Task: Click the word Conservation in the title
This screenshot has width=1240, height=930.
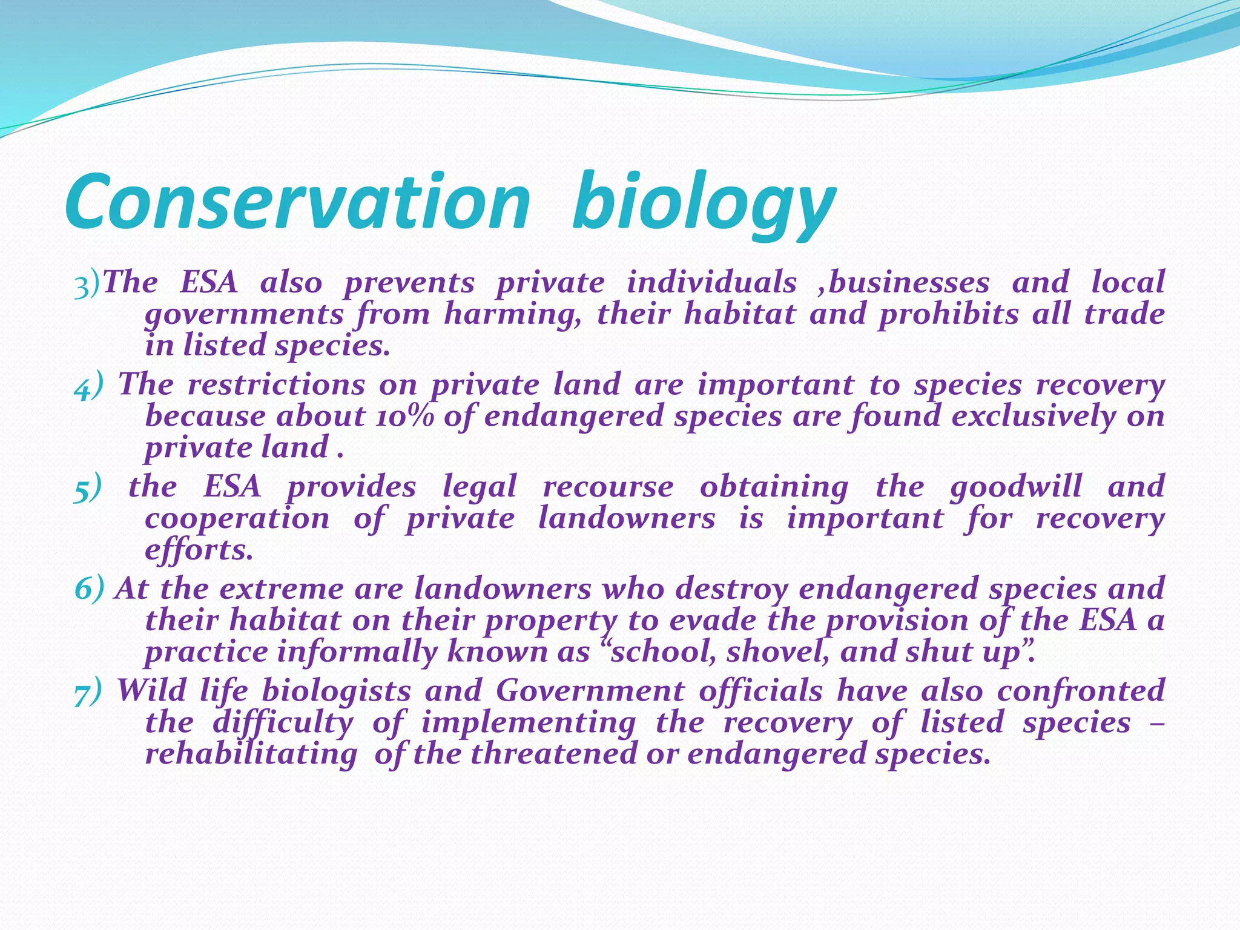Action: click(297, 203)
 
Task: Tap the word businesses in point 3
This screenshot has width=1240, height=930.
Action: click(908, 283)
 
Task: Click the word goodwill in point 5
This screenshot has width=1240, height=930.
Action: click(1015, 487)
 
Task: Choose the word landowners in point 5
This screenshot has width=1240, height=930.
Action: click(626, 519)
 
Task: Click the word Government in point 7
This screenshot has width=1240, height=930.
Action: click(590, 691)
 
